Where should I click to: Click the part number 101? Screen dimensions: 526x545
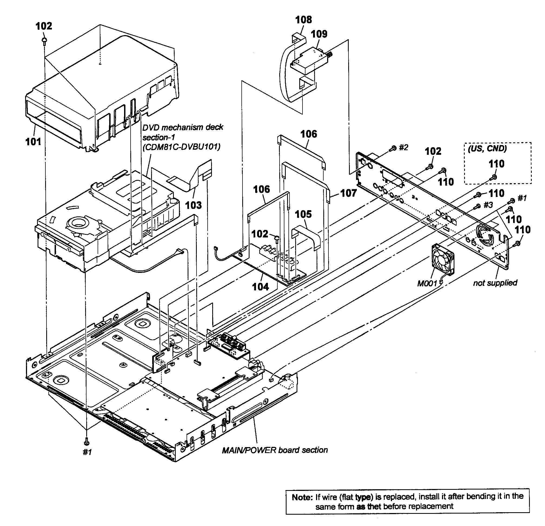coord(33,142)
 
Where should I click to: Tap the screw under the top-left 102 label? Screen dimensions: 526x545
coord(44,41)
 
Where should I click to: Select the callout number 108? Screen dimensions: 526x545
coord(303,20)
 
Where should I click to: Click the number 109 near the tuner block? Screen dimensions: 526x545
coord(319,34)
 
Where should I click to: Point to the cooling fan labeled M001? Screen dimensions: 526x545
coord(443,260)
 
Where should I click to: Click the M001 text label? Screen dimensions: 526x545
coord(427,283)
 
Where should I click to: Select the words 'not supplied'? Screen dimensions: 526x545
coord(495,283)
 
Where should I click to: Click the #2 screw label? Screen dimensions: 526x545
coord(403,147)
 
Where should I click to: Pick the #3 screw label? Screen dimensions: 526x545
coord(488,205)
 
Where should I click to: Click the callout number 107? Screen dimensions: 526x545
coord(348,193)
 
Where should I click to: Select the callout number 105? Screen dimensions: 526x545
coord(303,214)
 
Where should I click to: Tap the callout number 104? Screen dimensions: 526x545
coord(260,287)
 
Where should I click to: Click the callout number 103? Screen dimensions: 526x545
coord(193,205)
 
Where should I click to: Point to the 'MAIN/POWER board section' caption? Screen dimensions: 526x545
coord(275,450)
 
